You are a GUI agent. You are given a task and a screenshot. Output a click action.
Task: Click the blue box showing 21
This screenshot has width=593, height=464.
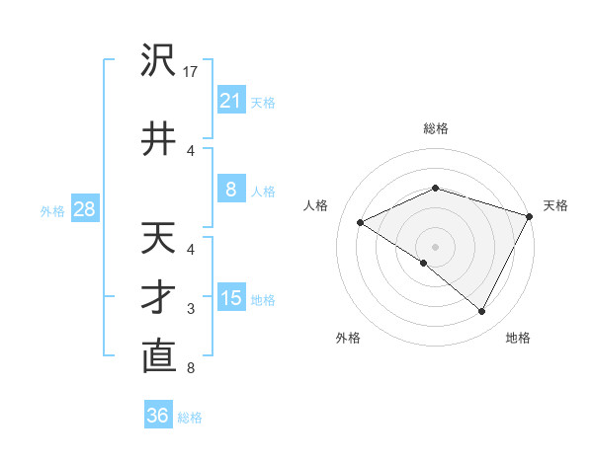coord(230,101)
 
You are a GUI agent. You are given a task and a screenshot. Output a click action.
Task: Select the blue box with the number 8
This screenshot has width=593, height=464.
coord(230,190)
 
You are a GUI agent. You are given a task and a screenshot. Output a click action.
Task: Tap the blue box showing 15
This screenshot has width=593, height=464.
coord(230,298)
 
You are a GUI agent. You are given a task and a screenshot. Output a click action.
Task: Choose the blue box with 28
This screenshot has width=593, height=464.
coord(84,209)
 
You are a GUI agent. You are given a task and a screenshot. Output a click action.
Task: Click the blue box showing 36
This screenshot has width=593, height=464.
coord(158,416)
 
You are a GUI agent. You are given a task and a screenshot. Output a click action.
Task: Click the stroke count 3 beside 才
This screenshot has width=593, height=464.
coord(191,309)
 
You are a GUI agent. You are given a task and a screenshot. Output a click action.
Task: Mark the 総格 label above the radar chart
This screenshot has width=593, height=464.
coord(436,128)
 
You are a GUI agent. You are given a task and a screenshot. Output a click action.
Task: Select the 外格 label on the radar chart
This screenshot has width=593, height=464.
coord(348,338)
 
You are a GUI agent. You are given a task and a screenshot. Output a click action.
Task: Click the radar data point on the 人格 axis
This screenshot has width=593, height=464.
coord(361,222)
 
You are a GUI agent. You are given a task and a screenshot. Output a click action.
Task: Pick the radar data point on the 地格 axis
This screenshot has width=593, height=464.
coord(482,311)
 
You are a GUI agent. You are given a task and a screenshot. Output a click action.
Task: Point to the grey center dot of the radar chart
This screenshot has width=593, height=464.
coord(436,246)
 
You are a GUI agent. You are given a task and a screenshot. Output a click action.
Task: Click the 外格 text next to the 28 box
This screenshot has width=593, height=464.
coord(52,210)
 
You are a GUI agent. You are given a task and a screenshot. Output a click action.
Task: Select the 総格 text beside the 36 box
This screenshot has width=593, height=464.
coord(190,417)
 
